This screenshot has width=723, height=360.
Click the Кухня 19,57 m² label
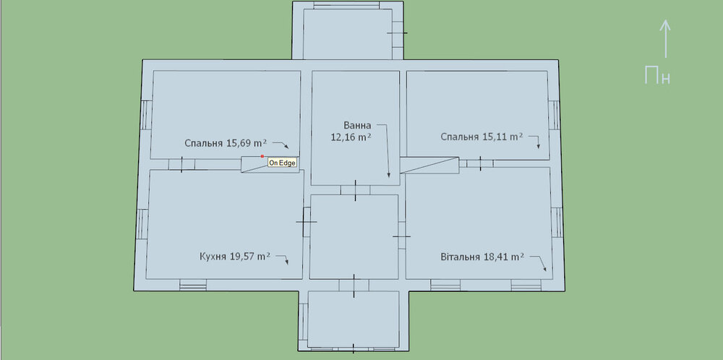(235, 257)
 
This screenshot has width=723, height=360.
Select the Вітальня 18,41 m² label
(482, 257)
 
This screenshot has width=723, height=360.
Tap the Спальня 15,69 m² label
(226, 143)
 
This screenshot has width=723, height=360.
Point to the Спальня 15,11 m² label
(482, 137)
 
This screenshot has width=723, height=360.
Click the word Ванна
(357, 125)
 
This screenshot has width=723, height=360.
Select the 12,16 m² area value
(351, 137)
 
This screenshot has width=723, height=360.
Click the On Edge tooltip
(282, 163)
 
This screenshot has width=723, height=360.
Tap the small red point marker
(262, 156)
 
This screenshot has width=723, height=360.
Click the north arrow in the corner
(665, 39)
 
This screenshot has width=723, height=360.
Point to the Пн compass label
(657, 75)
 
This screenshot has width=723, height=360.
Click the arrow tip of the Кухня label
(287, 264)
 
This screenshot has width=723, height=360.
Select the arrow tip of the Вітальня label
(545, 270)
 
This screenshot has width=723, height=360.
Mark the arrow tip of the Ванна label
(389, 177)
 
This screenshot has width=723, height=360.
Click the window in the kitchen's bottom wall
(193, 286)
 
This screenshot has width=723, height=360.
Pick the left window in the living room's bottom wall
(445, 285)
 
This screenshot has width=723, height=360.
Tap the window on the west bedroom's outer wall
(146, 115)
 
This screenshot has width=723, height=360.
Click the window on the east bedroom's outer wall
(555, 115)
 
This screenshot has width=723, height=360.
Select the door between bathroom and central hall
(356, 190)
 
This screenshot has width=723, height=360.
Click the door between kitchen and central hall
(306, 222)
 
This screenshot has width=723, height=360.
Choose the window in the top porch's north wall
(346, 5)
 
